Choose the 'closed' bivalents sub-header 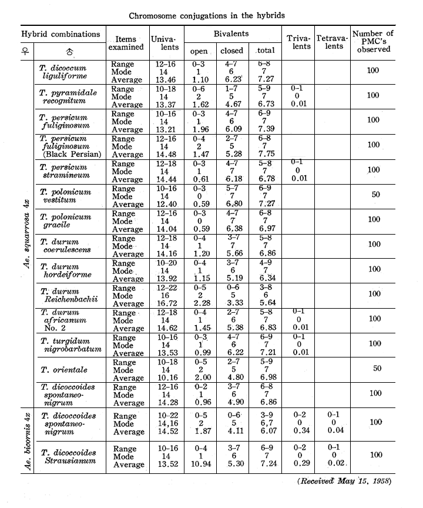point(231,51)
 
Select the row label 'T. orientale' point(62,369)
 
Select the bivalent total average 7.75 point(267,155)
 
